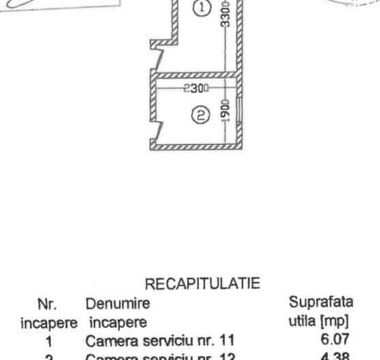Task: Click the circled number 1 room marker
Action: (201, 9)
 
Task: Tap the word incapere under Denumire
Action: (111, 318)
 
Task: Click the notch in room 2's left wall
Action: (158, 126)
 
